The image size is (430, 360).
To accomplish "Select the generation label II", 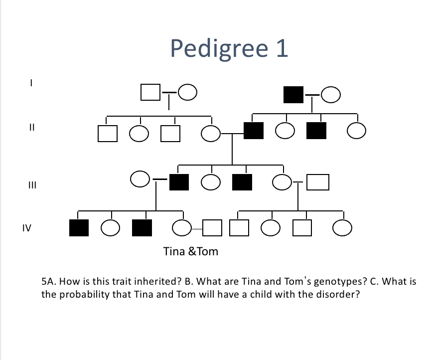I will click(x=31, y=127).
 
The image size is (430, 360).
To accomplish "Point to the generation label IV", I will click(x=27, y=228).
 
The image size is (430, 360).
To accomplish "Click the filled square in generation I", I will click(x=293, y=94).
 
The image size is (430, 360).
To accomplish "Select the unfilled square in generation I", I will click(x=150, y=92).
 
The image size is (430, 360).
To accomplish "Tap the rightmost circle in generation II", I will click(x=357, y=131).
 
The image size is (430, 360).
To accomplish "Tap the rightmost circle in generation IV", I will click(x=343, y=228).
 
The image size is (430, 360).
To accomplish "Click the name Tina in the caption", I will click(x=174, y=251).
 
